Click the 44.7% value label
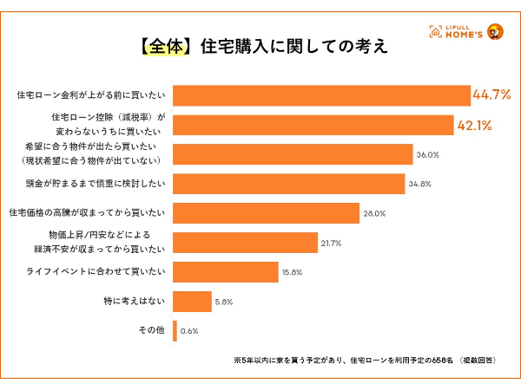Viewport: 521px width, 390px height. tap(491, 94)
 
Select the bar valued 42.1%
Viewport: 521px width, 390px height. tap(313, 124)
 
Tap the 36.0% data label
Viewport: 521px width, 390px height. tap(428, 154)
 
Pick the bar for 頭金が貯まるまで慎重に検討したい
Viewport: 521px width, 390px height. tap(289, 184)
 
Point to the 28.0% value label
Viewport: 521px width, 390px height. tap(375, 213)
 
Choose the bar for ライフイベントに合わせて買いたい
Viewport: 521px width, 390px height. tap(225, 272)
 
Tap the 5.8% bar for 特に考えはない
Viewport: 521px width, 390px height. tap(192, 302)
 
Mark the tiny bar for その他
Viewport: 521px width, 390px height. tap(175, 331)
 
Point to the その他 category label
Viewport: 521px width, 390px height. tap(151, 331)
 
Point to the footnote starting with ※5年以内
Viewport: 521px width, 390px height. tap(365, 360)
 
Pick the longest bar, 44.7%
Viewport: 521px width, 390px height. tap(320, 94)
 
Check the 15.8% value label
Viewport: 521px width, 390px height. tap(291, 273)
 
